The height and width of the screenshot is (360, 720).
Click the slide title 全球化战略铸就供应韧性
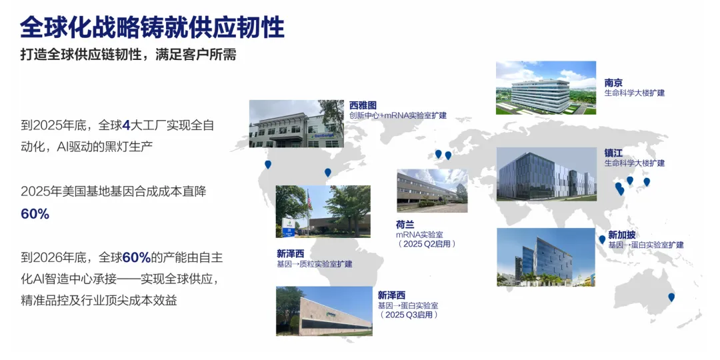tap(152, 27)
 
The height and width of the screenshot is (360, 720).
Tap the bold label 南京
tap(613, 83)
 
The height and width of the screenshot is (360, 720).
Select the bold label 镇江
tap(613, 153)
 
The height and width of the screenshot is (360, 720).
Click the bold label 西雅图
tap(363, 105)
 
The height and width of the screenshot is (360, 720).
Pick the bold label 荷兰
tap(405, 225)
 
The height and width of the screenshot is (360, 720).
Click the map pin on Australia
tap(671, 297)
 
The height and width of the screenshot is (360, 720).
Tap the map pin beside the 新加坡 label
tap(602, 240)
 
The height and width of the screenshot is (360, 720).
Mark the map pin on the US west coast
tap(268, 165)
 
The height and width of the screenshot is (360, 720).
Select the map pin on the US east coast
tap(327, 173)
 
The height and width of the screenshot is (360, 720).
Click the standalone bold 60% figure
tap(35, 214)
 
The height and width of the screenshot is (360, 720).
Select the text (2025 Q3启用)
tap(409, 315)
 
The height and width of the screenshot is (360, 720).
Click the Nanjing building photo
tap(545, 88)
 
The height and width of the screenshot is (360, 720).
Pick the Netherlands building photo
tap(432, 191)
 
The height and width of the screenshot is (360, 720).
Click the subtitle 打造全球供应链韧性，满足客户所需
tap(129, 55)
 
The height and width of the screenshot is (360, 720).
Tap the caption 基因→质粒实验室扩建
tap(314, 265)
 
